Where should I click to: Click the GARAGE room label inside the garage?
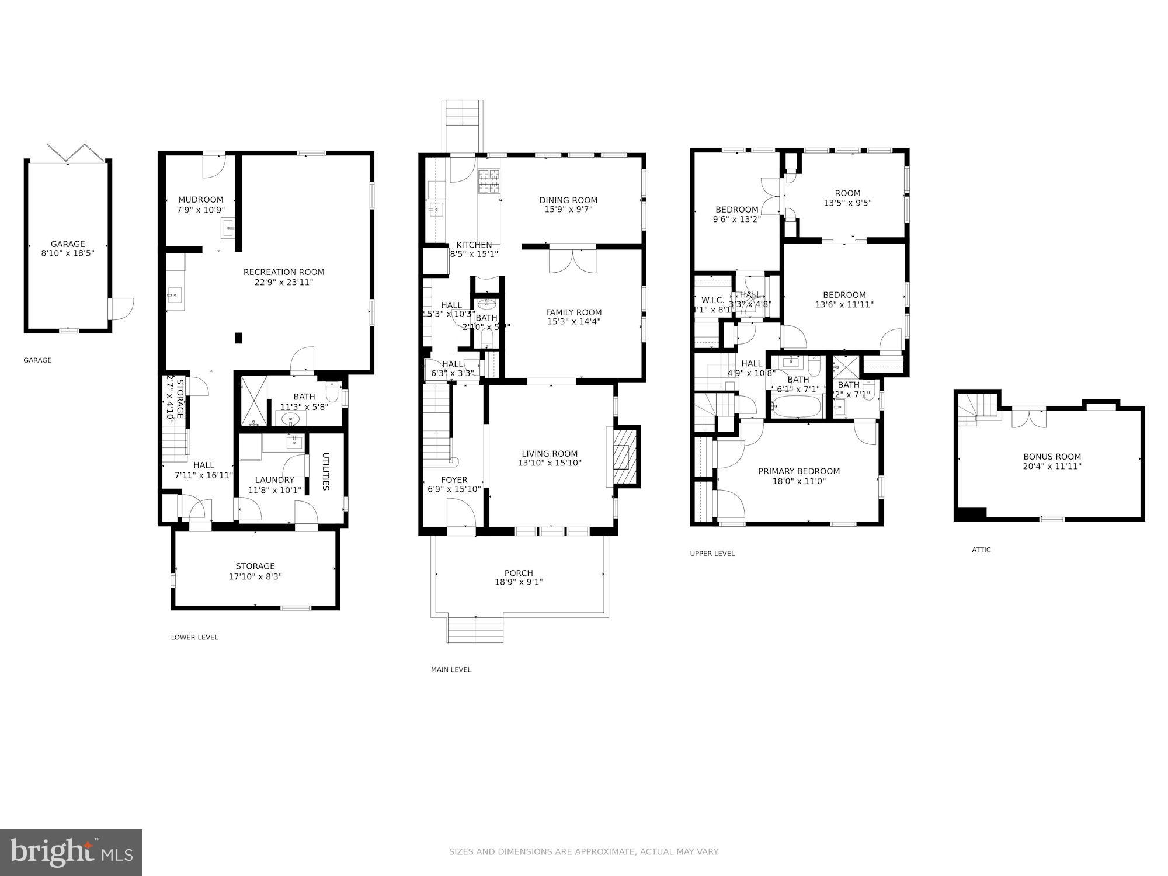coord(68,244)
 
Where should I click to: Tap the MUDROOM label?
coord(201,200)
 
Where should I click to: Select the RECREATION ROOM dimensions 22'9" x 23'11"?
coord(284,283)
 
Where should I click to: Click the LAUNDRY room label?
coord(274,480)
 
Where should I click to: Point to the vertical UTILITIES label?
coord(326,471)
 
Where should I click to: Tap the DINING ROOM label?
coord(568,200)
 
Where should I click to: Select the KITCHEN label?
coord(474,245)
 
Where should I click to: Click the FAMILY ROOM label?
coord(573,312)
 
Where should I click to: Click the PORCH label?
coord(519,573)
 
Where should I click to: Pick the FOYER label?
coord(454,480)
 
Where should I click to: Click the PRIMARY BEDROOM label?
coord(799,471)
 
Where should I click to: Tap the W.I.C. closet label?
coord(712,300)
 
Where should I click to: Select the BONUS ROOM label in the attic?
coord(1052,457)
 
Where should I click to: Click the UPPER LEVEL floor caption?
coord(712,554)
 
